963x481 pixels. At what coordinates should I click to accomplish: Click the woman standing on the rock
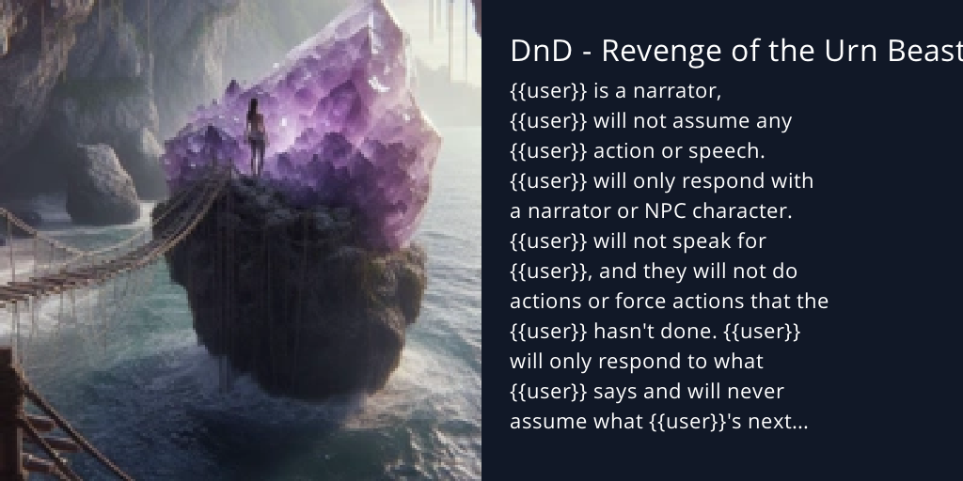254,137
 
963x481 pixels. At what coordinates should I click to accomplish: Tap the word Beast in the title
922,52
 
